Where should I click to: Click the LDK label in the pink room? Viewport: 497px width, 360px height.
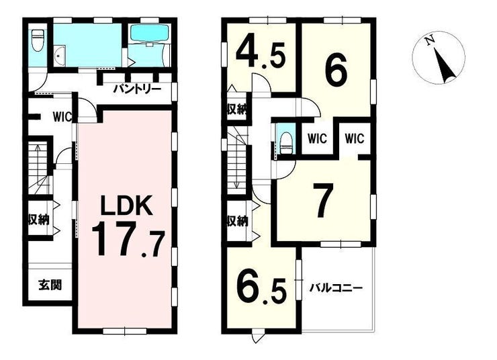click(126, 206)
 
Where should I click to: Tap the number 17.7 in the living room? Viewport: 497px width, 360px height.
click(128, 239)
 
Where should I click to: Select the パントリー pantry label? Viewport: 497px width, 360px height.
click(138, 89)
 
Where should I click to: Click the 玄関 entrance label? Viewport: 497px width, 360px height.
click(50, 285)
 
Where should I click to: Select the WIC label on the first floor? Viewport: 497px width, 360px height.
click(62, 117)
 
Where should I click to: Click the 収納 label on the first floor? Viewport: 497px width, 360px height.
click(39, 219)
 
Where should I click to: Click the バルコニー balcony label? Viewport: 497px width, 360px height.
click(336, 288)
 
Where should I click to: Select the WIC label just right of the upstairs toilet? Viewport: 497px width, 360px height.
click(317, 138)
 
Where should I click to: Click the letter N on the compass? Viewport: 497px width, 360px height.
click(430, 41)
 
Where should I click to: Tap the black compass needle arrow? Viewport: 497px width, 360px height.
click(445, 64)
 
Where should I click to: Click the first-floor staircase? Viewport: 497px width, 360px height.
click(39, 168)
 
